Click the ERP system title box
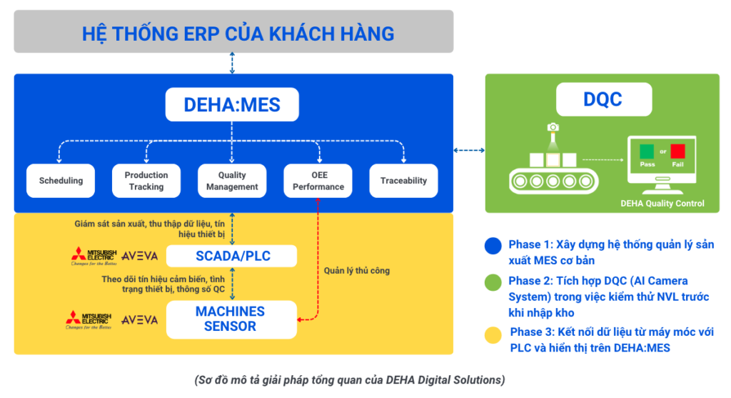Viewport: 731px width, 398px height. pos(233,33)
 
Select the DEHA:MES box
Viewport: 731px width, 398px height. pos(232,105)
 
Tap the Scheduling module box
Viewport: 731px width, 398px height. pos(61,181)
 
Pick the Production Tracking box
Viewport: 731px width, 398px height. pos(146,181)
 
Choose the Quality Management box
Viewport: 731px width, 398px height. pos(232,181)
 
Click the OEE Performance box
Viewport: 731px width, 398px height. pos(318,181)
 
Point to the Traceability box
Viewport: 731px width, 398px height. pos(403,181)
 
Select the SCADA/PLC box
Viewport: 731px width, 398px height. pos(232,256)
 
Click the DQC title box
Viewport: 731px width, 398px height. pos(602,99)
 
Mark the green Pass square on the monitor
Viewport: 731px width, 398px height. pos(647,151)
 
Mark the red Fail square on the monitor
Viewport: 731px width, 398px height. pos(677,151)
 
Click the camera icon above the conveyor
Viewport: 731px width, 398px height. pos(553,127)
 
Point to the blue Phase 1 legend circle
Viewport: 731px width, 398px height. pos(492,245)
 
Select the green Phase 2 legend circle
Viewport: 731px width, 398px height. pos(492,282)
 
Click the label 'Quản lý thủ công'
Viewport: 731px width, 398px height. pos(356,271)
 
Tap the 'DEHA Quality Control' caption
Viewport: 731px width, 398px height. pos(662,204)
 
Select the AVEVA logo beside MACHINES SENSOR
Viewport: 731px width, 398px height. pos(139,319)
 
